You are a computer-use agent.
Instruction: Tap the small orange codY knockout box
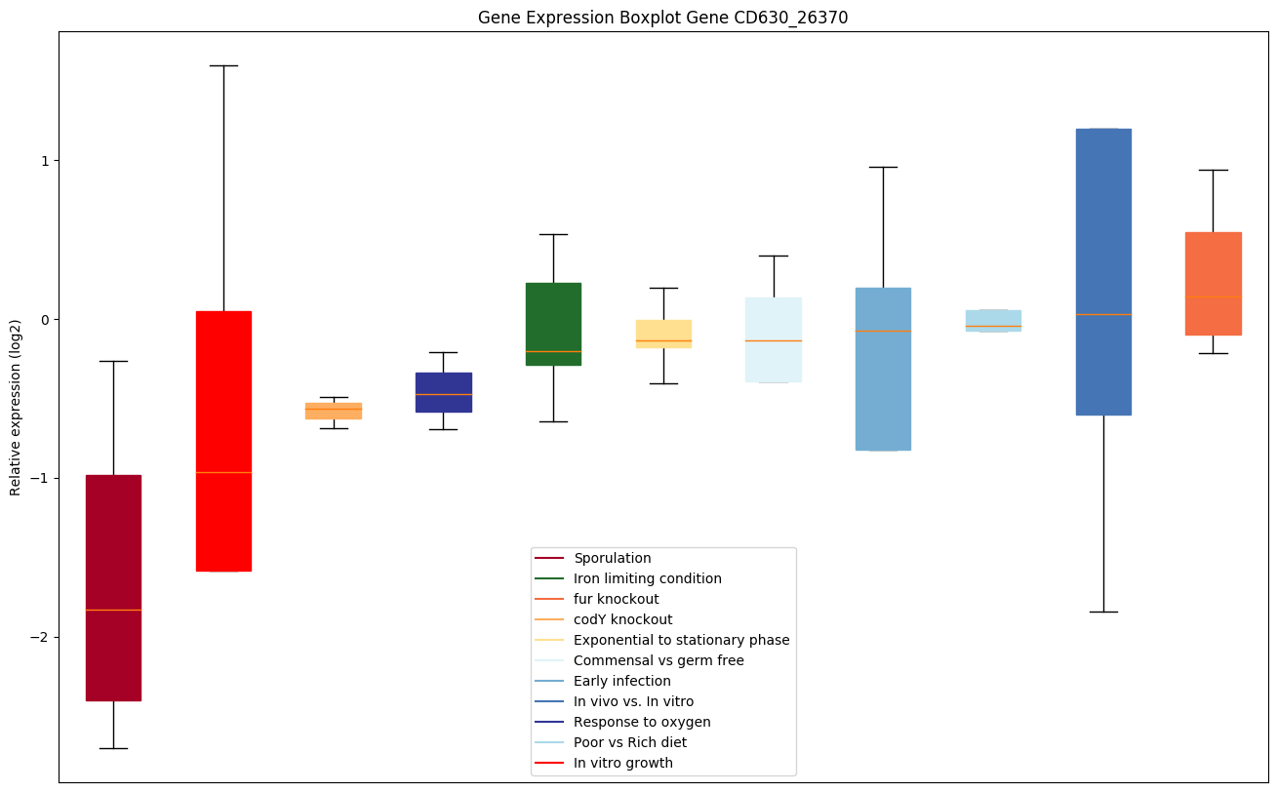click(334, 411)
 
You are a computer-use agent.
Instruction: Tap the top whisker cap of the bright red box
click(223, 65)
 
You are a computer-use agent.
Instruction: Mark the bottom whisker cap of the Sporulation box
click(113, 748)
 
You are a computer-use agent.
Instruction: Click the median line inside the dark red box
click(113, 610)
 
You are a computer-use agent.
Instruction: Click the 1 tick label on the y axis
click(45, 160)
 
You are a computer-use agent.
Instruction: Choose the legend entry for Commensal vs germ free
click(658, 660)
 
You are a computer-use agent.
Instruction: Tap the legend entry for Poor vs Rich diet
click(630, 742)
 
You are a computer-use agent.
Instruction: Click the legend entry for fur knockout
click(616, 599)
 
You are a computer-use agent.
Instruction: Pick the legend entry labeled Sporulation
click(612, 558)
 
